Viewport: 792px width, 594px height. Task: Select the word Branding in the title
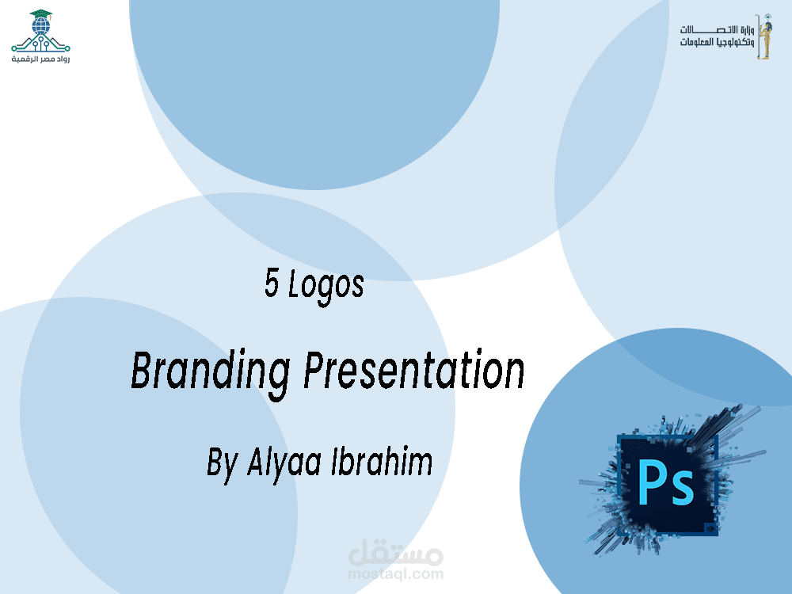[211, 372]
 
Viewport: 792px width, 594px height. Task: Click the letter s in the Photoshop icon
[681, 489]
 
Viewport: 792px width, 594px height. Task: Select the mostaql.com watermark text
[396, 573]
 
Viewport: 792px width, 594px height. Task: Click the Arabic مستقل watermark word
[396, 550]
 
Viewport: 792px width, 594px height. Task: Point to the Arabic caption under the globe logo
[40, 59]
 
